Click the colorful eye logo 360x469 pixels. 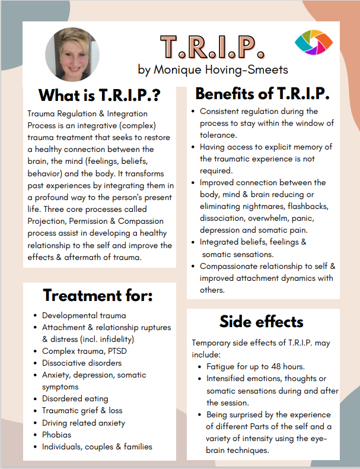click(314, 42)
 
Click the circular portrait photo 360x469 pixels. click(72, 55)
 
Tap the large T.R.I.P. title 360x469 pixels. click(212, 47)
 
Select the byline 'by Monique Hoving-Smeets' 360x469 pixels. click(213, 69)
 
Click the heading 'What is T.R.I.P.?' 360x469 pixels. click(100, 96)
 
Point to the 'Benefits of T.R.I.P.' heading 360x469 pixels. click(262, 94)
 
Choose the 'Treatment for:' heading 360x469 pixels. click(98, 296)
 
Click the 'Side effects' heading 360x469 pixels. click(262, 322)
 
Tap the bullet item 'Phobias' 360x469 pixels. click(56, 435)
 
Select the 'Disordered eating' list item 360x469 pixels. click(75, 399)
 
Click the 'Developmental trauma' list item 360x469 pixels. click(84, 316)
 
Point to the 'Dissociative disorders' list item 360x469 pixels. click(82, 363)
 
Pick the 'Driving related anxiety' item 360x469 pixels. click(84, 423)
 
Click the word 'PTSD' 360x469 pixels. click(117, 351)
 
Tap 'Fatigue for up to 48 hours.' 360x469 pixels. click(256, 367)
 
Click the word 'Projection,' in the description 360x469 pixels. click(47, 221)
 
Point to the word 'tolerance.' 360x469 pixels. click(218, 135)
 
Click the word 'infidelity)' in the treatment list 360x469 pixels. click(117, 339)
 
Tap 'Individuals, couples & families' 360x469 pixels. click(97, 447)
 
